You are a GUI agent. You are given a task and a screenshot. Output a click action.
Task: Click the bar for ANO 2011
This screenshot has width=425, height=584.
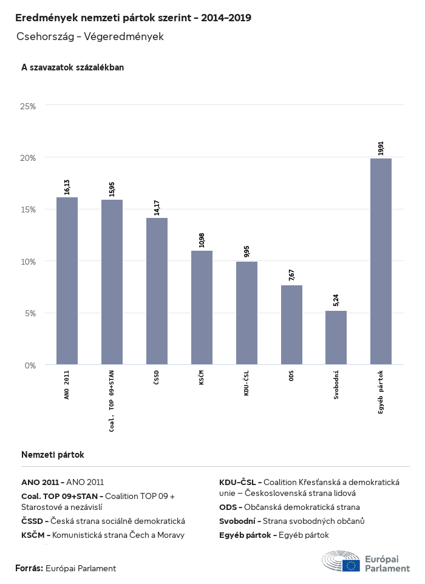pos(67,280)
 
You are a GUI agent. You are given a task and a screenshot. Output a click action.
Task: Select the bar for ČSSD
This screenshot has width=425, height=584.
pos(157,291)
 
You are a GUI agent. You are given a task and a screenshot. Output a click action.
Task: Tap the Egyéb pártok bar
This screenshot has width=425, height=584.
pos(381,261)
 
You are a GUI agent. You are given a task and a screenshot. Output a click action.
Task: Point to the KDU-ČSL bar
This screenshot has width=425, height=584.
pos(246,313)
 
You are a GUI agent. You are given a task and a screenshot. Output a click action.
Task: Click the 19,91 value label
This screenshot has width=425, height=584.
pos(381,149)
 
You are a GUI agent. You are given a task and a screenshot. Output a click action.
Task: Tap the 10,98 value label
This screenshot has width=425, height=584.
pos(202,239)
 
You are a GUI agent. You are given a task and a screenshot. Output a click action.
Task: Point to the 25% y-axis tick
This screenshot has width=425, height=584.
pos(28,106)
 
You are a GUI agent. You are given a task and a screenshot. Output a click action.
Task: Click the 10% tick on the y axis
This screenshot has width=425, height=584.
pos(28,261)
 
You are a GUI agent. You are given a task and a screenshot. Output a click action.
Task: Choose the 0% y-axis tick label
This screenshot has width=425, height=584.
pos(30,365)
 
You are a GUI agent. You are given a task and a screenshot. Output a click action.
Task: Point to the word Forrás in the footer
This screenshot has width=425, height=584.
pos(29,568)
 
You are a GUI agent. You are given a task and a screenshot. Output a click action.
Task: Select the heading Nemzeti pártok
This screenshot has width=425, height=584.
pos(52,454)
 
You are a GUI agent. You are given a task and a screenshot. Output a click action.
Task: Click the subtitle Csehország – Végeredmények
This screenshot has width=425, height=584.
pos(90,36)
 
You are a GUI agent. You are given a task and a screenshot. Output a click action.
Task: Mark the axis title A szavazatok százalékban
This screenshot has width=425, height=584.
pos(72,67)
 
